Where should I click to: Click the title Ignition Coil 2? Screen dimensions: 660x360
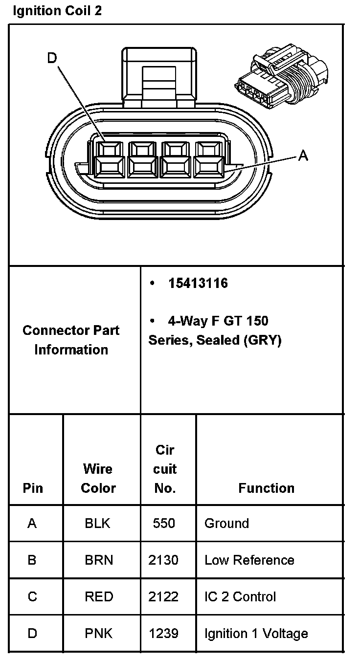click(x=57, y=11)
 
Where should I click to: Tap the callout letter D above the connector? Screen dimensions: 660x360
click(x=52, y=59)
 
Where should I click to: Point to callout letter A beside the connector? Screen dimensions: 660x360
click(x=303, y=156)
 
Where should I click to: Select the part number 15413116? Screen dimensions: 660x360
click(x=198, y=284)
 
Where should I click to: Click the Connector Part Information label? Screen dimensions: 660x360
click(x=71, y=340)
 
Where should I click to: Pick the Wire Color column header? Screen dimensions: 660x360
click(x=98, y=478)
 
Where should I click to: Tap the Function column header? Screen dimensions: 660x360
click(x=266, y=488)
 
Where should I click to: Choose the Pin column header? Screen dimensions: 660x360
click(x=33, y=488)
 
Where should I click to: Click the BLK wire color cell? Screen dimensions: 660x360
click(x=97, y=523)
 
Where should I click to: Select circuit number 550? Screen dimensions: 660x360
click(x=163, y=523)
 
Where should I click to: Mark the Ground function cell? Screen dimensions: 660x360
click(x=226, y=523)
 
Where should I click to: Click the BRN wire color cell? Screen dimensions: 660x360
click(x=99, y=560)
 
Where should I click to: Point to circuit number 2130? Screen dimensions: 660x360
click(x=163, y=560)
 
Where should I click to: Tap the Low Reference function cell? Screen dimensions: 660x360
click(x=249, y=560)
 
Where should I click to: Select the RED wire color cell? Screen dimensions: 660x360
click(x=99, y=596)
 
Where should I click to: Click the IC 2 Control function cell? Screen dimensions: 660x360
click(x=240, y=596)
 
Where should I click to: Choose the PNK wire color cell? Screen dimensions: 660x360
click(x=99, y=634)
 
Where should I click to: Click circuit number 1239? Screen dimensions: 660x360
click(x=163, y=634)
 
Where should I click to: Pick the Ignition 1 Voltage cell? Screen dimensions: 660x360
click(x=256, y=634)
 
